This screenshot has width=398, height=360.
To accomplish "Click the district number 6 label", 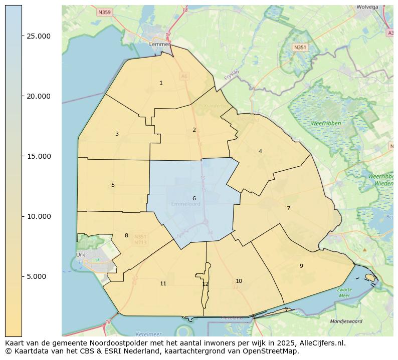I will point(194,199).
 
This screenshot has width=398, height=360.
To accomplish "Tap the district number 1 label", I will point(161,83).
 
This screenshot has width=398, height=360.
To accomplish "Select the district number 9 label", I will point(301,266).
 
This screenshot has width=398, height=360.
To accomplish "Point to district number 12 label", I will point(205,284).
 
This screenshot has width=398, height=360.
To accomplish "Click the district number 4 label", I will point(260,151).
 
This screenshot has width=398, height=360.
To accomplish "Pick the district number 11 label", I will point(163,284).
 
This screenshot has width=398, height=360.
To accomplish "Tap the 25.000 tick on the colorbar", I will point(38,36).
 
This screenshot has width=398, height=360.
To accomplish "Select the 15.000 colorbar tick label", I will point(38,156).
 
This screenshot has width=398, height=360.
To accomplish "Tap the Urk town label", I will point(81,255).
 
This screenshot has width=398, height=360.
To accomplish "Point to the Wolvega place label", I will point(367,8).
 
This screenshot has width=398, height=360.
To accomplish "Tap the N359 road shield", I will point(104,12).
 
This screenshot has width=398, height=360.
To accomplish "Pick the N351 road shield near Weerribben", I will point(300,47).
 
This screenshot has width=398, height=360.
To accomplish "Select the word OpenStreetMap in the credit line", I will point(273,351).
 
